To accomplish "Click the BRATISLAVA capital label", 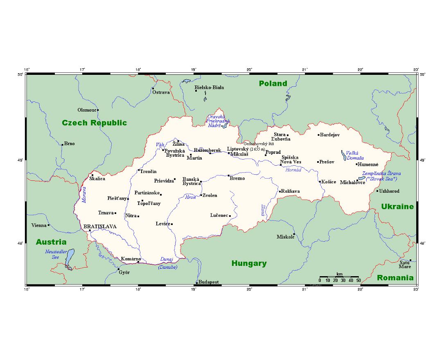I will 100,226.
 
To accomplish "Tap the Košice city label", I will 329,182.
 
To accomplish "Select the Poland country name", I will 273,83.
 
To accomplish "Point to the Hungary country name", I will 249,263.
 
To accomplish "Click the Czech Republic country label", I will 94,123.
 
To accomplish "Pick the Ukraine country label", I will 397,207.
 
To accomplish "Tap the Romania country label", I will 395,278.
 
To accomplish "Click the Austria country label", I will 51,242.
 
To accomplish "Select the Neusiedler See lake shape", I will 70,259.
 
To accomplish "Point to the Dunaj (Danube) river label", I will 167,263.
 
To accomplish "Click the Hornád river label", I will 293,170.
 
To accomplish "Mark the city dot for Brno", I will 62,144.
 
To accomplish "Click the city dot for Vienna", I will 49,225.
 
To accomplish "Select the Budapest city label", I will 209,282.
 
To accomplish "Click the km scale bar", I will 339,277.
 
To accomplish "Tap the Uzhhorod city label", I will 389,191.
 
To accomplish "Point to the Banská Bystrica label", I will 191,181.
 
